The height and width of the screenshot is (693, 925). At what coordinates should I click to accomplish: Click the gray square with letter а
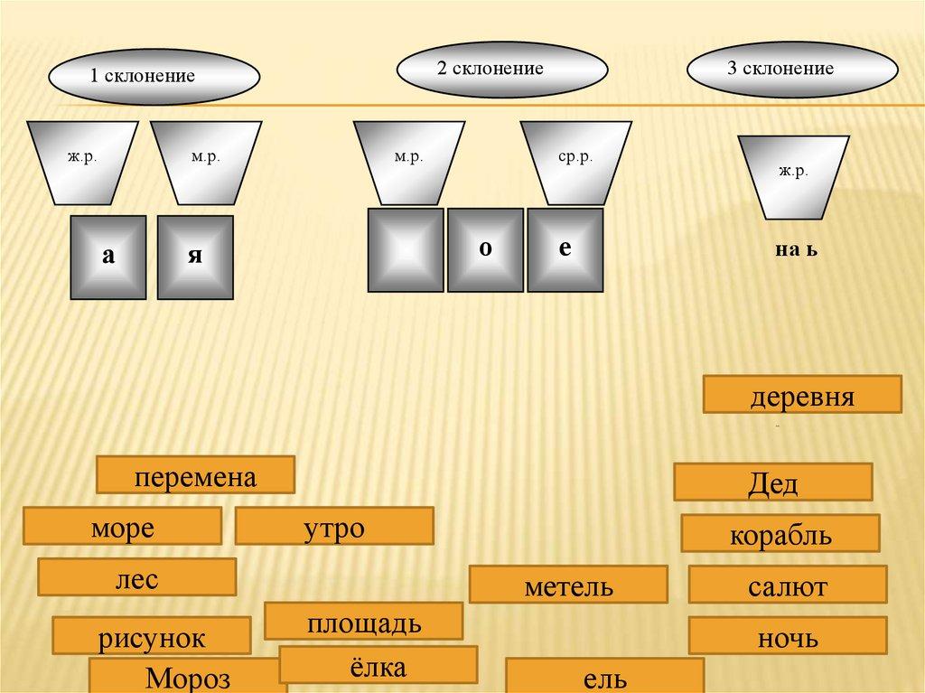tap(109, 257)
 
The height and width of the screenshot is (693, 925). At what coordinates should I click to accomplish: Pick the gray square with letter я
tap(194, 257)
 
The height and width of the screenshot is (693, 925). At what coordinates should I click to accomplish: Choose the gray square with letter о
tap(485, 249)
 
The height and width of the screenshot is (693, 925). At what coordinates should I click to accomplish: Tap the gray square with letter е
tap(565, 249)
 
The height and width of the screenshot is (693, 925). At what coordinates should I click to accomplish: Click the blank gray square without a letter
tap(406, 249)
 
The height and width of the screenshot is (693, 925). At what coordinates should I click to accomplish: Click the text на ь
tap(795, 248)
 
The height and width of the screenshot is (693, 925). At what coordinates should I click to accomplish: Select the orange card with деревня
tap(802, 397)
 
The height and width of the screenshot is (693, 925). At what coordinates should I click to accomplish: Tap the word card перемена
tap(196, 475)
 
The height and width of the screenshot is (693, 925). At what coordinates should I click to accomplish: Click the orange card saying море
tap(122, 527)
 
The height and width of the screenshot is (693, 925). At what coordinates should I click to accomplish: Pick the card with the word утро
tap(333, 527)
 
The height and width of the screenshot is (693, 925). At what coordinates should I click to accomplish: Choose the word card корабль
tap(780, 534)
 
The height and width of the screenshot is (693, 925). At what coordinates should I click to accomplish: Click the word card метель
tap(568, 585)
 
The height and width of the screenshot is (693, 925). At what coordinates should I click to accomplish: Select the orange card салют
tap(787, 585)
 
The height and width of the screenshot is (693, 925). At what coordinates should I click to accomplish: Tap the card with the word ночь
tap(787, 637)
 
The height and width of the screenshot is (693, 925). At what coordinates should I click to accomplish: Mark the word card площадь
tap(363, 622)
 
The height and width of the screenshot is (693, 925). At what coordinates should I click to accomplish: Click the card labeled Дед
tap(772, 482)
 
